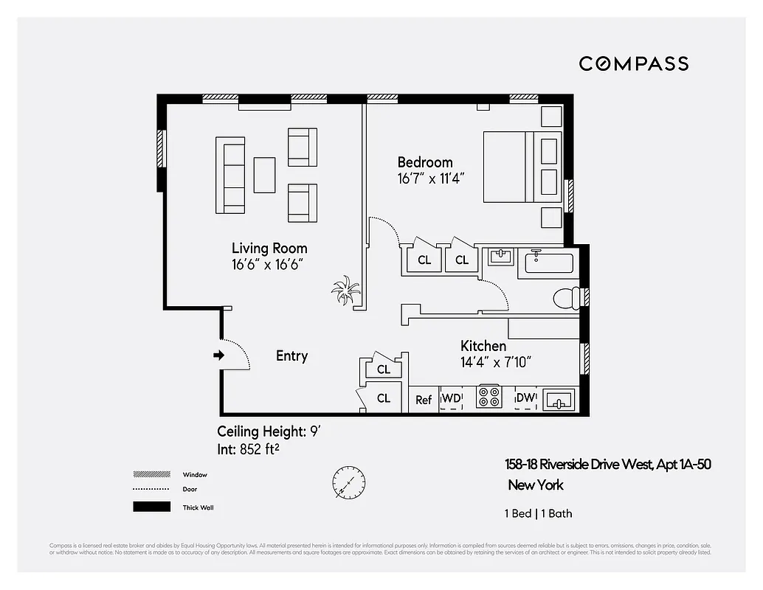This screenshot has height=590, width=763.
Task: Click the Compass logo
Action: (633, 63)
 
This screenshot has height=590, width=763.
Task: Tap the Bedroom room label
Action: (425, 162)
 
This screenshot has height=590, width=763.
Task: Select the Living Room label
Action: (269, 249)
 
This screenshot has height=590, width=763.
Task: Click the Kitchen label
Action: (483, 346)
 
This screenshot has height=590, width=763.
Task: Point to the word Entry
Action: (291, 356)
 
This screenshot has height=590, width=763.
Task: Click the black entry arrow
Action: (218, 355)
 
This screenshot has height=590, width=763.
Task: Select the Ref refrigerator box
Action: (424, 400)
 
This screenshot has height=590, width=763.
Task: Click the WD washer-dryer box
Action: (451, 399)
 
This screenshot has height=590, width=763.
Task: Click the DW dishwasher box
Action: (525, 399)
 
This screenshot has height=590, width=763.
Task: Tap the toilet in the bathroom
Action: (567, 297)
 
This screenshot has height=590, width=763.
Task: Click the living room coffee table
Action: (264, 175)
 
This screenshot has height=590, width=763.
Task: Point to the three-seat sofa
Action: (233, 174)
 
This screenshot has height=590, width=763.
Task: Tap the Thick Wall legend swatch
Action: (148, 507)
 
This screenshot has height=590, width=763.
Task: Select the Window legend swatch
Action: (148, 474)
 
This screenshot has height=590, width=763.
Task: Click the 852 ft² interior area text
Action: (260, 449)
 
